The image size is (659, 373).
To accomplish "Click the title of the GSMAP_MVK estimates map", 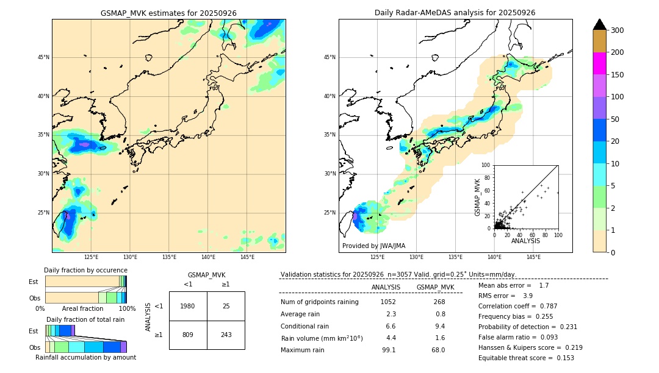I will click(168, 13).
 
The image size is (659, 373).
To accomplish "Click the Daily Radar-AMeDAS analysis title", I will click(455, 13).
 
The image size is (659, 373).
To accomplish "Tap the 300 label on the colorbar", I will click(616, 30).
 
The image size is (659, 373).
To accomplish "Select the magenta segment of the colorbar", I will click(599, 63).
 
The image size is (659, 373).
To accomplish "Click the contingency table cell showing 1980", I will click(188, 306).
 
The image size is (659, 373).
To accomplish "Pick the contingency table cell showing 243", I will click(226, 335).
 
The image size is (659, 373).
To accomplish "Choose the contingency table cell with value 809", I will click(188, 335).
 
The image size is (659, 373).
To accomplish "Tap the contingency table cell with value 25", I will click(226, 306).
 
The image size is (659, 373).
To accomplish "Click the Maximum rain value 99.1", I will click(389, 350).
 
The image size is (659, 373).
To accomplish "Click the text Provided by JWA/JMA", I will click(373, 246).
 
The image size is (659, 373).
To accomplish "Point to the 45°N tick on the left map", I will click(43, 57).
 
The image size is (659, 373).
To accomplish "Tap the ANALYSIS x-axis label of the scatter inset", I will click(525, 241).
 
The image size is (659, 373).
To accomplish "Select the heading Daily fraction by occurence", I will click(85, 270).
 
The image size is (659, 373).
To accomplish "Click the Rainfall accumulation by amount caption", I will click(86, 358).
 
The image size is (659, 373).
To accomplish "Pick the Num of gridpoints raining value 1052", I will click(388, 302).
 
